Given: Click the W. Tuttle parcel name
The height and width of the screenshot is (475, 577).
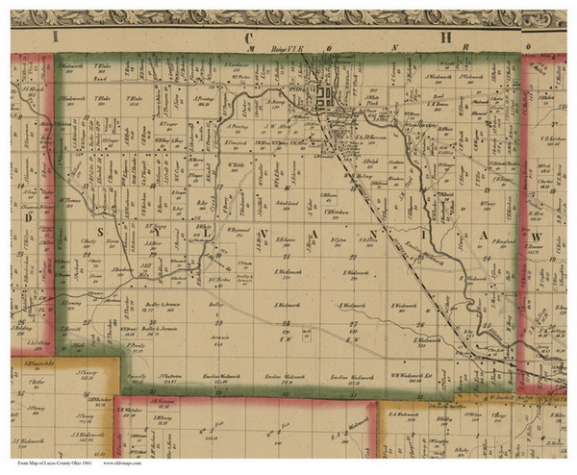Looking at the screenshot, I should click(238, 163).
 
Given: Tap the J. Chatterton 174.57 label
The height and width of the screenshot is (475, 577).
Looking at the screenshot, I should click(169, 376).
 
